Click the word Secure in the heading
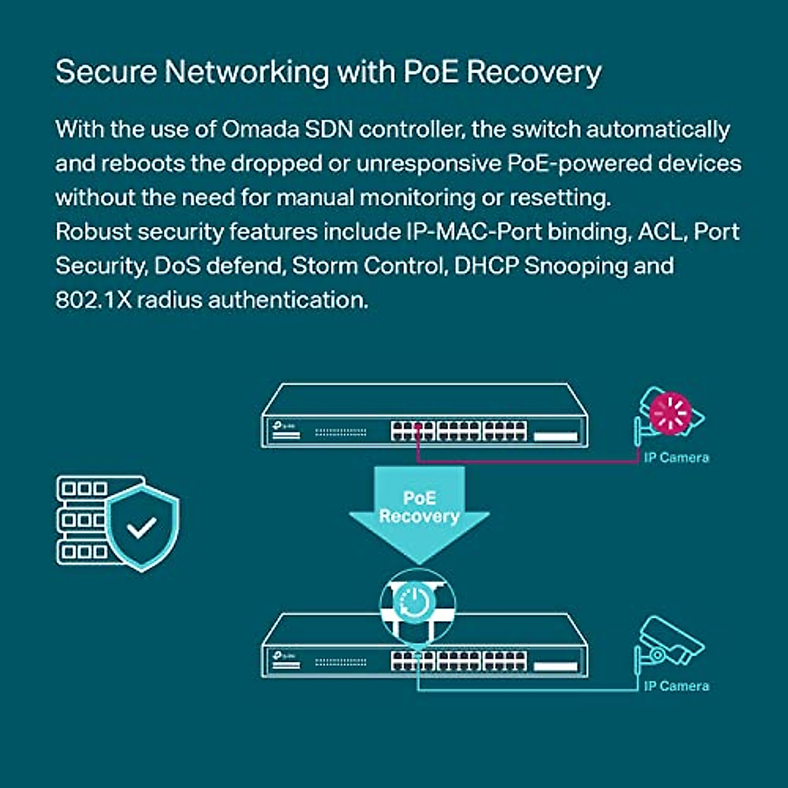(106, 72)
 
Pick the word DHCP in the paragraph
(486, 266)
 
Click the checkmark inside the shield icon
(142, 527)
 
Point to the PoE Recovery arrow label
(419, 507)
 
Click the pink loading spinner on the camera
(670, 413)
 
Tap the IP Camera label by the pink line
(676, 458)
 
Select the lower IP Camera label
(676, 686)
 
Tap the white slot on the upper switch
(556, 437)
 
